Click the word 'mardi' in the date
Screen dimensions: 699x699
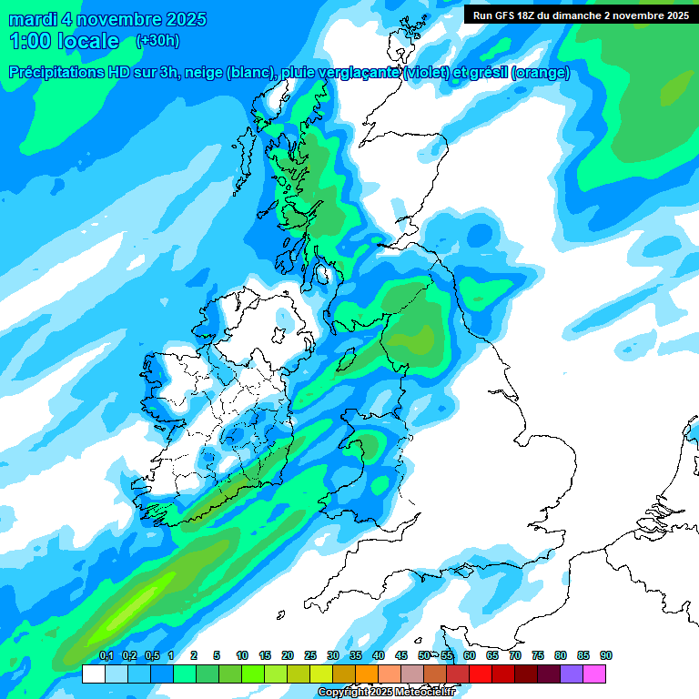coord(34,19)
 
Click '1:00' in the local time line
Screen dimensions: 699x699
coord(30,41)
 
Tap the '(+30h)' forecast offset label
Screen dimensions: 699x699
coord(157,41)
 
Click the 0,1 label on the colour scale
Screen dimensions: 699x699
coord(106,656)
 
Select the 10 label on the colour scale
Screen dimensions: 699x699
coord(242,656)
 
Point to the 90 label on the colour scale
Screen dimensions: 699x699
coord(606,656)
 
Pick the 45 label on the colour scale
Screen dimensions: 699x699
coord(401,656)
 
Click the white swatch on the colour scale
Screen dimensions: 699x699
coord(93,674)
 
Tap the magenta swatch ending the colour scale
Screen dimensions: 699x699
coord(594,674)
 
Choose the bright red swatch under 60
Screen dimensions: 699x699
coord(481,674)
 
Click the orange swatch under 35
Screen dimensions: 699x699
coord(367,674)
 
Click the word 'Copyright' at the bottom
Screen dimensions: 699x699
coord(342,693)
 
